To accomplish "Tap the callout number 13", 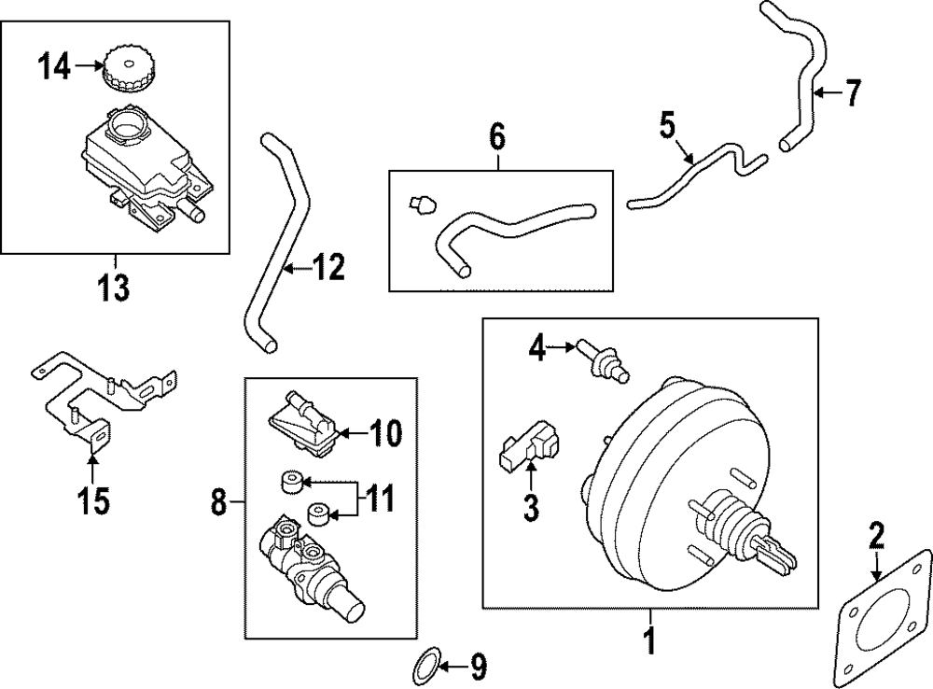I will (114, 288).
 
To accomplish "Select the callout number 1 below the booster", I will (650, 642).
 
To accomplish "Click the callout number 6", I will (496, 137).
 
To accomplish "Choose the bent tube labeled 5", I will (695, 176).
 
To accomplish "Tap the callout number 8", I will (218, 504).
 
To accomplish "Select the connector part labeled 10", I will (303, 426).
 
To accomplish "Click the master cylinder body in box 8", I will (303, 565).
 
